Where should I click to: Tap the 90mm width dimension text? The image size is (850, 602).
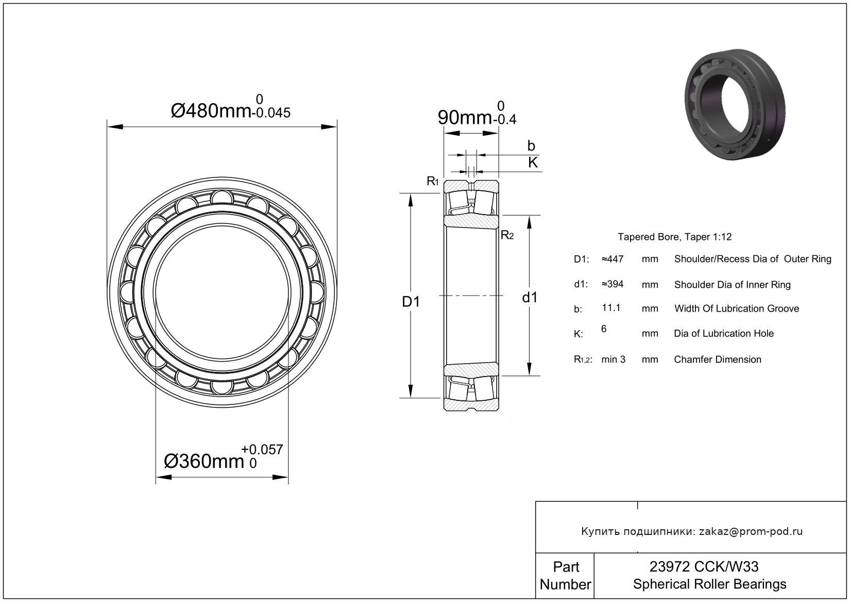[x=464, y=118]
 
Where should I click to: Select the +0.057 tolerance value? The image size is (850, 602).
[x=262, y=450]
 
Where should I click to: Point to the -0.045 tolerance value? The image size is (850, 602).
[x=270, y=112]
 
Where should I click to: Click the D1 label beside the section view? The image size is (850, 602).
[x=411, y=302]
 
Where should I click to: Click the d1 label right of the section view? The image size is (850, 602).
[x=530, y=298]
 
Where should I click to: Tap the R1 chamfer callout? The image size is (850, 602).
[x=432, y=181]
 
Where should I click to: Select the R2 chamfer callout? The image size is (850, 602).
[x=507, y=236]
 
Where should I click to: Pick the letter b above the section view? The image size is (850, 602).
[x=531, y=146]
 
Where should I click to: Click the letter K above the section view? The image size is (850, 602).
[x=533, y=162]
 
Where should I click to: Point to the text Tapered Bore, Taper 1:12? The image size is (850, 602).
[x=674, y=237]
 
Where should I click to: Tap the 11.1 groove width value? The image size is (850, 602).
[x=611, y=308]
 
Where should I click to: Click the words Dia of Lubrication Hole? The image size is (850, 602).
[x=723, y=334]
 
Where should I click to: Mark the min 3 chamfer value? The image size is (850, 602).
[x=613, y=360]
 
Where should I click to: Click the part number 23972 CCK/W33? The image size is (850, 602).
[x=704, y=567]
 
